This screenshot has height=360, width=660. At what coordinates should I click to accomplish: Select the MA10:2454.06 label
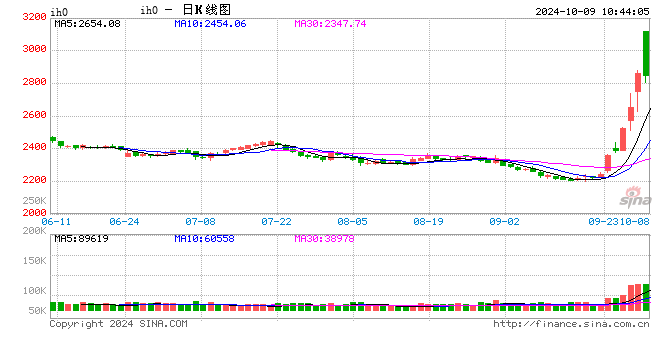click(209, 23)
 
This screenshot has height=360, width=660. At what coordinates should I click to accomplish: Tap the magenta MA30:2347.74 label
click(330, 23)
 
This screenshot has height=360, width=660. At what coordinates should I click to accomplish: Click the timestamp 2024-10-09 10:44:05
click(590, 10)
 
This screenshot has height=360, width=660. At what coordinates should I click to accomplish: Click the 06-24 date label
click(124, 221)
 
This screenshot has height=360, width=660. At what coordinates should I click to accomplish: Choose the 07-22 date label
click(276, 221)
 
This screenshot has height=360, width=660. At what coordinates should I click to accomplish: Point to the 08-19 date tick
click(428, 221)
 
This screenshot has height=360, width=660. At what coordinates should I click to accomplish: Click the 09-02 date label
click(504, 221)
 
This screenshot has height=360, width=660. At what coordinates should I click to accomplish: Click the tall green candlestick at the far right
click(647, 53)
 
